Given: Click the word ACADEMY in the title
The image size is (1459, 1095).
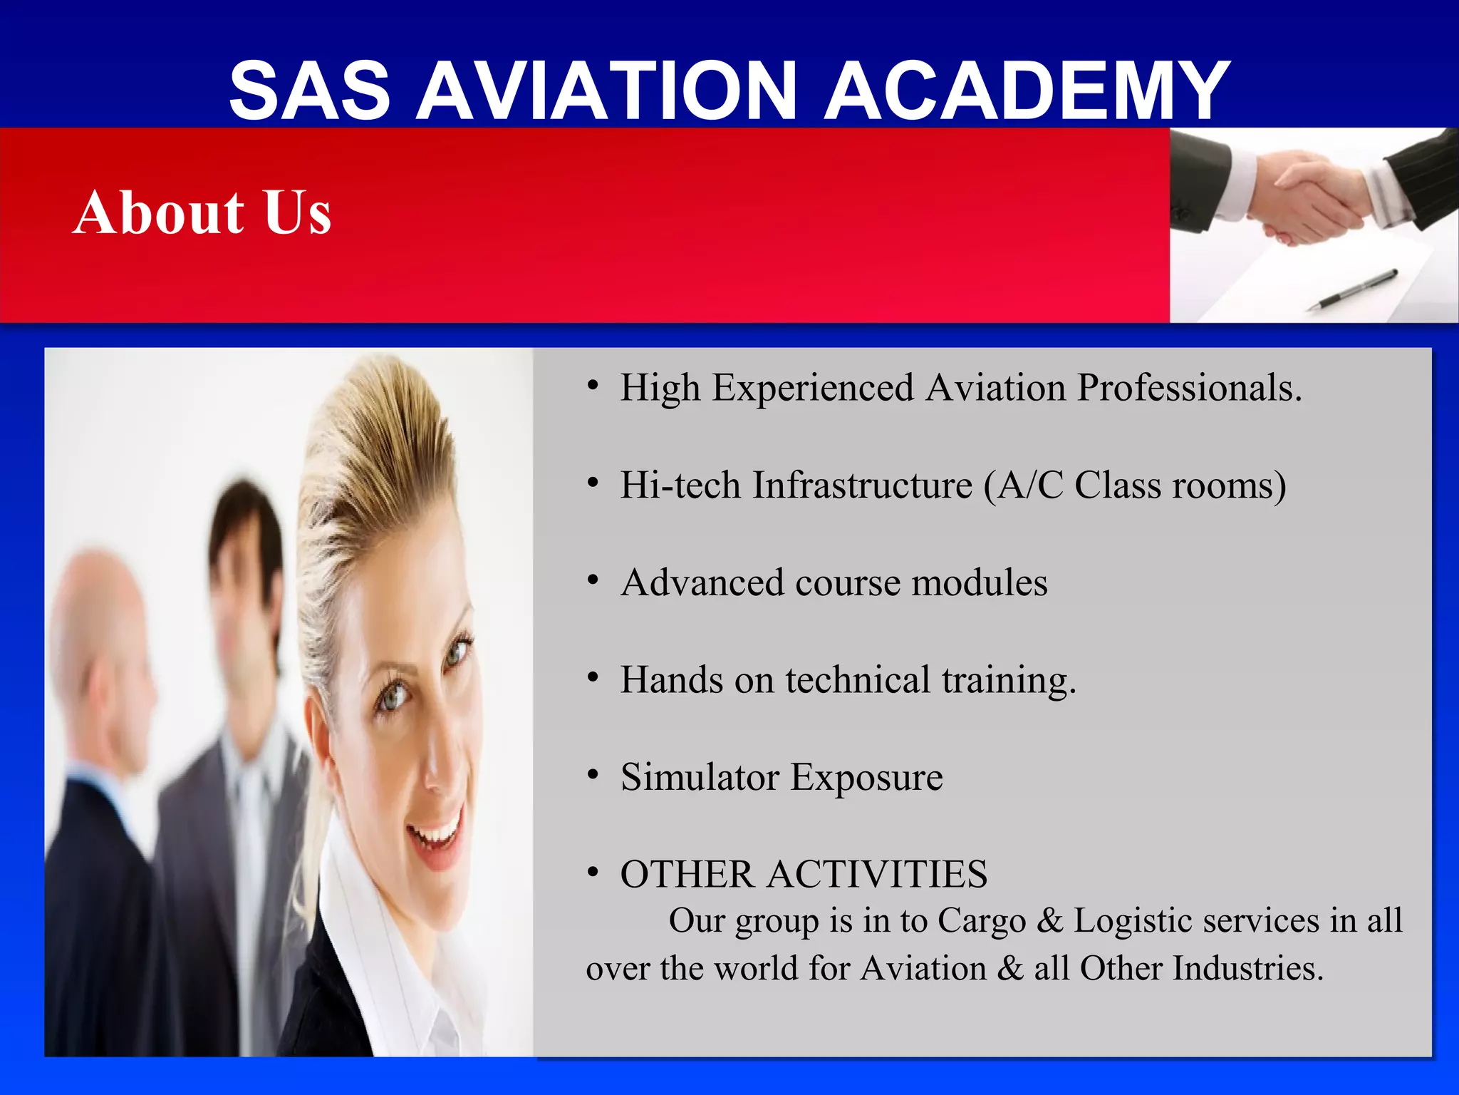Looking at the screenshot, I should (x=1027, y=91).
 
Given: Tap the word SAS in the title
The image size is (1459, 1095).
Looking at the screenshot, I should (x=310, y=91).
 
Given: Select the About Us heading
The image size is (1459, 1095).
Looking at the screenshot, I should (x=202, y=212).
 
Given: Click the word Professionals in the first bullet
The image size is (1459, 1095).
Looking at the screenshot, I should (x=1188, y=389).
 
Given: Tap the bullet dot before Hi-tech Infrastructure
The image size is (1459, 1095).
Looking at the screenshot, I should (x=593, y=484).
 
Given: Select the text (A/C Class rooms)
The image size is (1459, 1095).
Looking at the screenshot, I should (x=1135, y=486).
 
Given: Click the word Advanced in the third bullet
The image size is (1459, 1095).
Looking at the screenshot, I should (x=702, y=582).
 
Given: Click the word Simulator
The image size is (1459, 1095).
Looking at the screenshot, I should (x=700, y=777).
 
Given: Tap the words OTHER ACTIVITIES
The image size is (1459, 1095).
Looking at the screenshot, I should (x=804, y=875).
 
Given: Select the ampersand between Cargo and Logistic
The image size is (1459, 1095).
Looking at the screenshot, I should (x=1049, y=921).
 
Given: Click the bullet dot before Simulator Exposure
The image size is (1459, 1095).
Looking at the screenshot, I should (x=593, y=776).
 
